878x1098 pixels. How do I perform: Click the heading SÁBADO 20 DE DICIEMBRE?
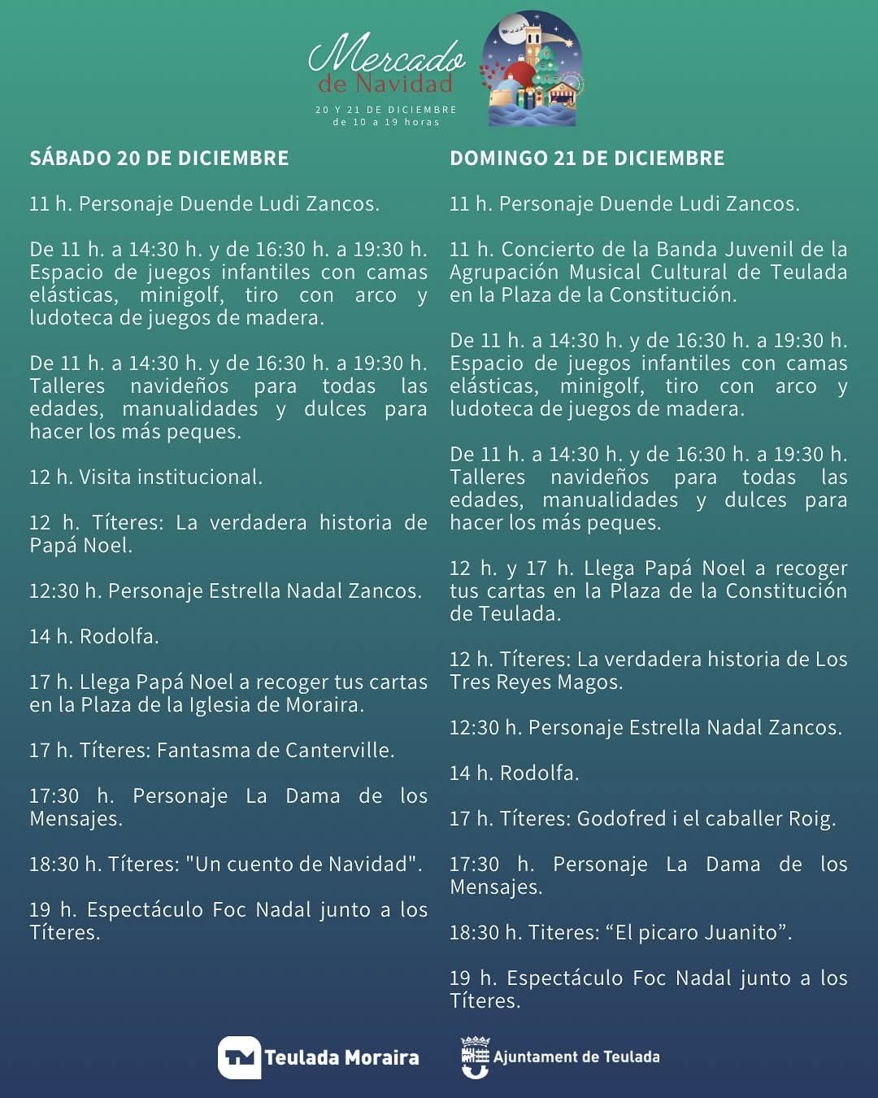[x=159, y=158]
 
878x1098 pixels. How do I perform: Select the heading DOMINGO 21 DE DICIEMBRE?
[x=587, y=158]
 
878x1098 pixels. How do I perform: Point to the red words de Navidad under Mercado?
[x=385, y=84]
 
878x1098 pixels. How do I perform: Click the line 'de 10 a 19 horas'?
[x=386, y=122]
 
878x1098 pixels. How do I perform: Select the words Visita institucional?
[x=171, y=477]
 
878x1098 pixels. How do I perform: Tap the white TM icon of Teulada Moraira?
[x=239, y=1057]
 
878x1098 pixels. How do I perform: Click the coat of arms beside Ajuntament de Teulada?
[x=475, y=1057]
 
